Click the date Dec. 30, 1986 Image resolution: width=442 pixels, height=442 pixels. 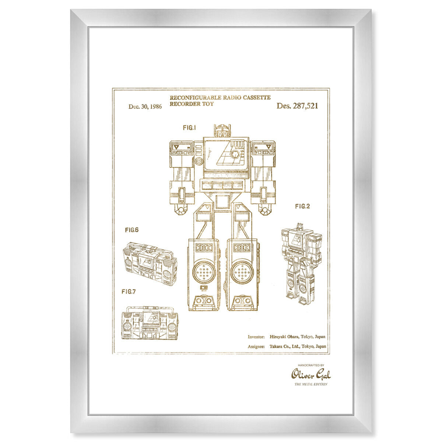(x=145, y=106)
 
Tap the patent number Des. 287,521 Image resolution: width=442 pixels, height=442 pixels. (x=297, y=106)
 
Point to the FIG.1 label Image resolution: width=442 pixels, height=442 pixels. (x=189, y=128)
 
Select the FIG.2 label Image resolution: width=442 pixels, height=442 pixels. (x=302, y=206)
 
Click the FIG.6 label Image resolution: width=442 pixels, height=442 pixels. (x=131, y=230)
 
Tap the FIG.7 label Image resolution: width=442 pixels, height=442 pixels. (x=129, y=291)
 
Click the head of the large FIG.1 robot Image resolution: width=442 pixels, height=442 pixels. (x=222, y=130)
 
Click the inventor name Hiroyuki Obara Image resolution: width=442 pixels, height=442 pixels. (x=284, y=337)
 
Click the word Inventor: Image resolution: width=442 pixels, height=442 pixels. (x=256, y=337)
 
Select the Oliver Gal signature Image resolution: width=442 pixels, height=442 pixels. (x=311, y=375)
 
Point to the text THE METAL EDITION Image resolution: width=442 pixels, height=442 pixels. (x=311, y=384)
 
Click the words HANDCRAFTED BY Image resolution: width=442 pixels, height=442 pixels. (x=311, y=365)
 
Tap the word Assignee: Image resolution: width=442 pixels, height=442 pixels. (x=256, y=347)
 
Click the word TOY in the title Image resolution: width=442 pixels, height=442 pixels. (x=208, y=104)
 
